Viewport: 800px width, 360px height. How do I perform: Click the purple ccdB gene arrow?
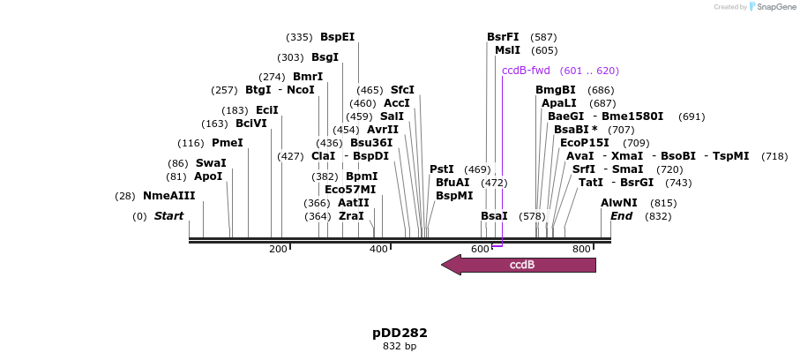tap(520, 265)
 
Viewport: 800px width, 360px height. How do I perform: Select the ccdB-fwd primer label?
tap(526, 71)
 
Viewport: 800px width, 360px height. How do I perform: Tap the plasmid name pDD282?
tap(400, 333)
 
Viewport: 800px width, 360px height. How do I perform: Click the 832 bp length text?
tap(400, 347)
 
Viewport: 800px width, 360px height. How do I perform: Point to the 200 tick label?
tap(278, 250)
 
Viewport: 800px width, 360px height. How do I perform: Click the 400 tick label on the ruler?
tap(378, 250)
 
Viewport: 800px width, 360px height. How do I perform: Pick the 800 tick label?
tap(580, 250)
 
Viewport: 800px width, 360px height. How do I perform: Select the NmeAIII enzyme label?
tap(168, 196)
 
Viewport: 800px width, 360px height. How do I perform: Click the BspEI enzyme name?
tap(337, 37)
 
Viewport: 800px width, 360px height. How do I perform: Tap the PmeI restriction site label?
tap(227, 143)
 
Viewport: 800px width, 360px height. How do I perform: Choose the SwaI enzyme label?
tap(211, 163)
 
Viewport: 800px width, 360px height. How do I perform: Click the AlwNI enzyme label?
tap(618, 203)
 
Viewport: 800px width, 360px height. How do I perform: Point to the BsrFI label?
tap(503, 37)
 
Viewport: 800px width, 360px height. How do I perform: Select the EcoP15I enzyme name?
tap(584, 143)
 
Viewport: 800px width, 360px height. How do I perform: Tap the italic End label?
tap(621, 216)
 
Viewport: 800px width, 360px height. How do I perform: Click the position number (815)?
tap(663, 203)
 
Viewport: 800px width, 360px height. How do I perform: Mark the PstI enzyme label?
tap(442, 169)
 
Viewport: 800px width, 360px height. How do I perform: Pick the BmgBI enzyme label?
tap(556, 90)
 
